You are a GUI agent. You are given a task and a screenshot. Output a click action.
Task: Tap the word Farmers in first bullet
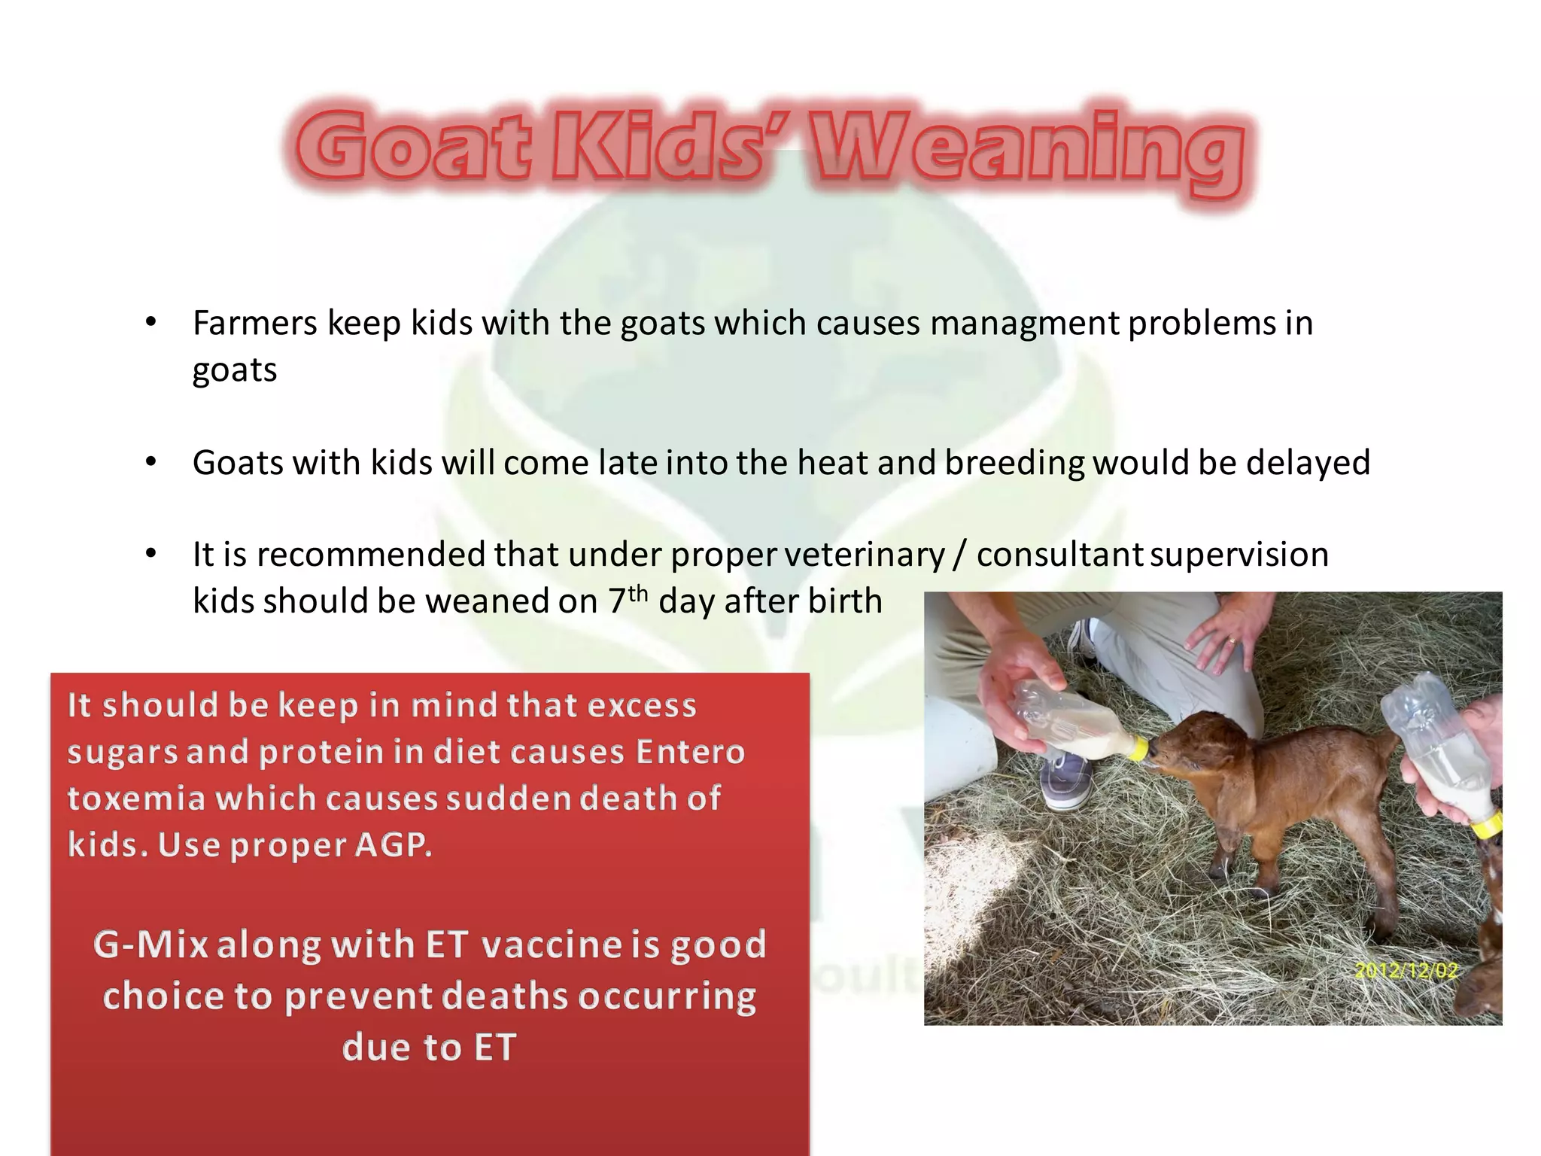[x=254, y=324]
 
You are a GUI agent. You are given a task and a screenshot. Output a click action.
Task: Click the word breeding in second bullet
[x=1014, y=463]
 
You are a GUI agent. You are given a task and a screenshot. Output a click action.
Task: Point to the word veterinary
[x=865, y=555]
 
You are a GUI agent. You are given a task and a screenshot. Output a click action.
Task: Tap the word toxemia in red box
[x=136, y=799]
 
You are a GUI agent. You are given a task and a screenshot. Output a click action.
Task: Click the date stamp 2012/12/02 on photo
[x=1406, y=971]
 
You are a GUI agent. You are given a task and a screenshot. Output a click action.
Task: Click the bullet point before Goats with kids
[x=150, y=463]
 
